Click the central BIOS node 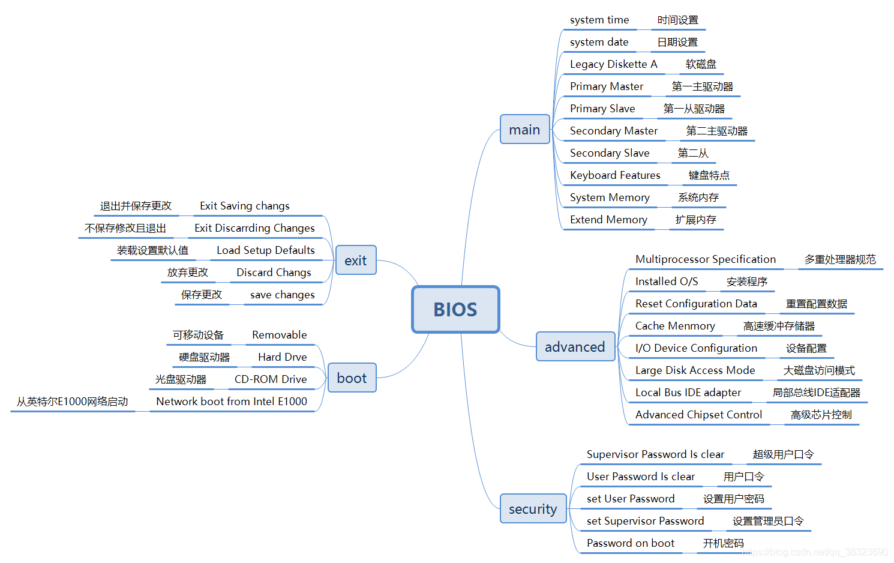tap(455, 309)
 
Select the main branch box tap(524, 129)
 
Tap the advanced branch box tap(575, 346)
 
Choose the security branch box tap(533, 508)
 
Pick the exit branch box tap(355, 260)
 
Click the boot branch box tap(352, 378)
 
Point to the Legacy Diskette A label tap(613, 64)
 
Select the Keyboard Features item tap(615, 175)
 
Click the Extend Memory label tap(608, 220)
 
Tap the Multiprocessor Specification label tap(705, 259)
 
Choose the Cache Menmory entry tap(675, 326)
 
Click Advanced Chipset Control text tap(698, 415)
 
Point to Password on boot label tap(630, 543)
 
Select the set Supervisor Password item tap(645, 521)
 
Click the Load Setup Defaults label tap(265, 250)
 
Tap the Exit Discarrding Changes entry tap(254, 228)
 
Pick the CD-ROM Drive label tap(271, 379)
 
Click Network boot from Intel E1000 tap(232, 402)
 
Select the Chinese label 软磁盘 tap(701, 64)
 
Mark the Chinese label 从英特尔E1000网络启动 tap(72, 402)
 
